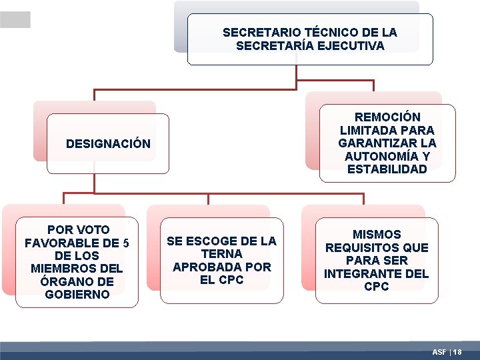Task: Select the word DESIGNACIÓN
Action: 109,143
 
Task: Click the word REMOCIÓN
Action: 387,117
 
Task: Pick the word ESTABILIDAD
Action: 387,169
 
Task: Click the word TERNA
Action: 221,254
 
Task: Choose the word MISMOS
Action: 377,235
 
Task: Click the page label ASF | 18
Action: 447,351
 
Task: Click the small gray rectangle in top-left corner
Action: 15,20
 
